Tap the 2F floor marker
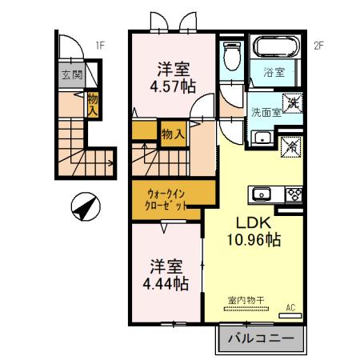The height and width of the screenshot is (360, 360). click(x=318, y=46)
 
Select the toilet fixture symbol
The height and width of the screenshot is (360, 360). click(x=231, y=56)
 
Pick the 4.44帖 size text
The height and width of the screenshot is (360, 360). click(x=166, y=283)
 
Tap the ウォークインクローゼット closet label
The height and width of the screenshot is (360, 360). click(x=167, y=199)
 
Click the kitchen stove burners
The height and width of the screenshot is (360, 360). click(x=292, y=194)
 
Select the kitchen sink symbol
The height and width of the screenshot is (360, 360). click(x=262, y=194)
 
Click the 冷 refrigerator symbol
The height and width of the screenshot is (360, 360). click(x=291, y=146)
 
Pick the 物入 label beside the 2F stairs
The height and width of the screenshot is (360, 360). click(x=172, y=134)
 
